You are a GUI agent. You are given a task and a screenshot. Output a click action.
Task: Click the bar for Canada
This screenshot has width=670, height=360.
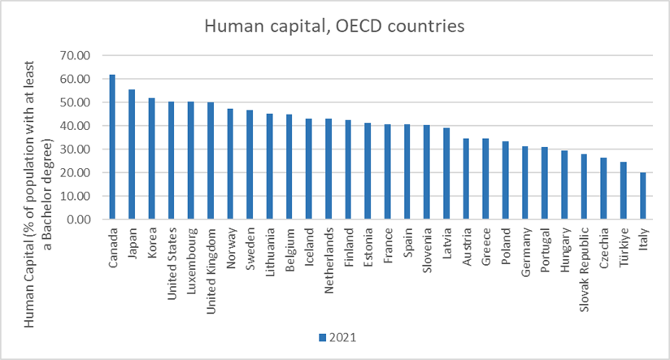click(x=112, y=147)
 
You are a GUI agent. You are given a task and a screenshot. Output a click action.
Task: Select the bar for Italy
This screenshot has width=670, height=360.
click(x=642, y=196)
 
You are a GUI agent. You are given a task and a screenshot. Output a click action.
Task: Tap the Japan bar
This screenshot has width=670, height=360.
click(x=132, y=154)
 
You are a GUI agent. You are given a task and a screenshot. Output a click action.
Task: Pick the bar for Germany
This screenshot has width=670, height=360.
click(x=524, y=183)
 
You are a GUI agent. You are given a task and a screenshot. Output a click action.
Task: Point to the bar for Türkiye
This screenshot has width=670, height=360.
click(x=623, y=190)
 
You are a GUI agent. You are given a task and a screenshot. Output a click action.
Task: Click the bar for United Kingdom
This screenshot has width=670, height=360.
click(x=211, y=161)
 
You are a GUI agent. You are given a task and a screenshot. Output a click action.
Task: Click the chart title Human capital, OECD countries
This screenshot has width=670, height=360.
click(x=334, y=27)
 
